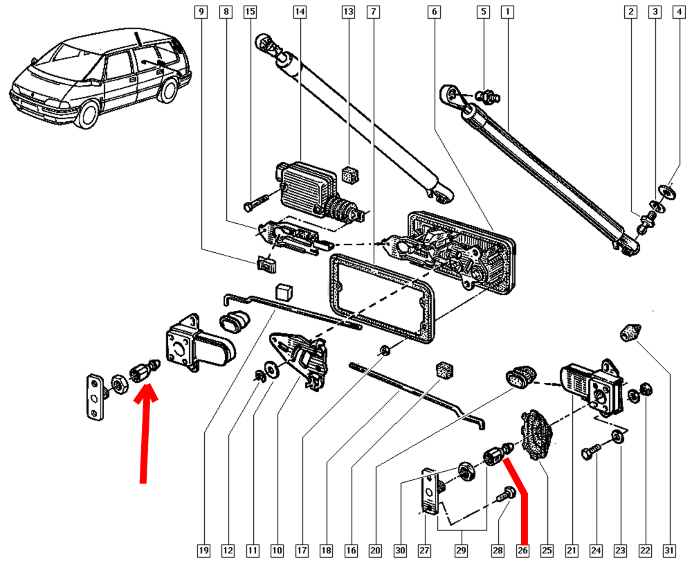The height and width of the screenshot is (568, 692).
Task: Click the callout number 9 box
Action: tap(201, 12)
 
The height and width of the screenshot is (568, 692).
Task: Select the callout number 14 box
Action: tap(299, 12)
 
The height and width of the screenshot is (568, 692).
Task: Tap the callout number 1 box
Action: tap(509, 12)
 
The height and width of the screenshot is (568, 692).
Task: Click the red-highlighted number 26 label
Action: tap(522, 551)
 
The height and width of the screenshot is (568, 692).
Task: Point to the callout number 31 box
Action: tap(669, 551)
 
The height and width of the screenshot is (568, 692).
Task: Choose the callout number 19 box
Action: tap(203, 551)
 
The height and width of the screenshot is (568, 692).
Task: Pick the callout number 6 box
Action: tap(434, 12)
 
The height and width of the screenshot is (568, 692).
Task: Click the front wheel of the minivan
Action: tap(89, 114)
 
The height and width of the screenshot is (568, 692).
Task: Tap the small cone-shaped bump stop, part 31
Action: tap(628, 332)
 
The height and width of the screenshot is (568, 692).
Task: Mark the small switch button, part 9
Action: tap(265, 263)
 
